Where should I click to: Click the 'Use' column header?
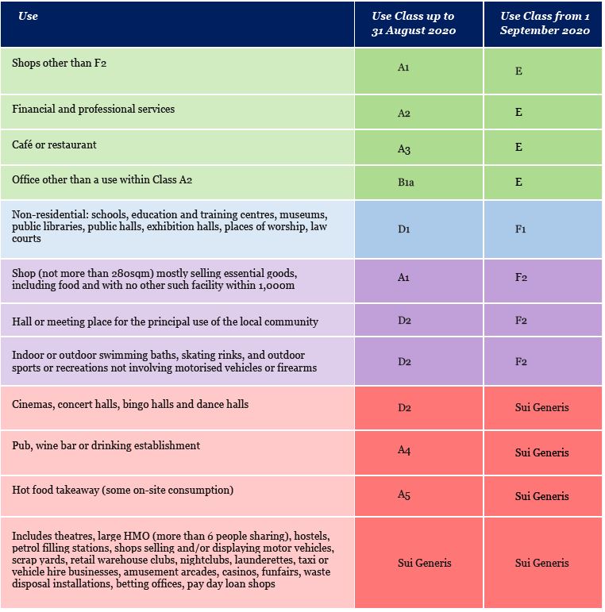[x=28, y=16]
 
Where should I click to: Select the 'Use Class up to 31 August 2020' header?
[x=414, y=23]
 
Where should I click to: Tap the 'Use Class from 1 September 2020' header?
[x=545, y=23]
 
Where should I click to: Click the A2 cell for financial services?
[x=403, y=114]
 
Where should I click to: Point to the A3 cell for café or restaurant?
[x=403, y=149]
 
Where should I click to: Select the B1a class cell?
[x=406, y=182]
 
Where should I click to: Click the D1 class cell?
[x=404, y=229]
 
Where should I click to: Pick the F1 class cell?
[x=521, y=229]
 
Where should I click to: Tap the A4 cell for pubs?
[x=404, y=450]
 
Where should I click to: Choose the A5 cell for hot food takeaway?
[x=404, y=495]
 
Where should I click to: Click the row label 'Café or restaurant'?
[x=54, y=144]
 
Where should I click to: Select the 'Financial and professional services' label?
[x=93, y=109]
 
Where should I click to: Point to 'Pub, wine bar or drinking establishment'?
[x=106, y=446]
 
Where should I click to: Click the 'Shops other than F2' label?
[x=59, y=63]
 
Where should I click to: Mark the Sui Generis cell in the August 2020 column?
[x=424, y=563]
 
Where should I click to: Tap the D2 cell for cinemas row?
[x=404, y=407]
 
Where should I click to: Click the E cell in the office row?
[x=518, y=182]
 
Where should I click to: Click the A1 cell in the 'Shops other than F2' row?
[x=403, y=67]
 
